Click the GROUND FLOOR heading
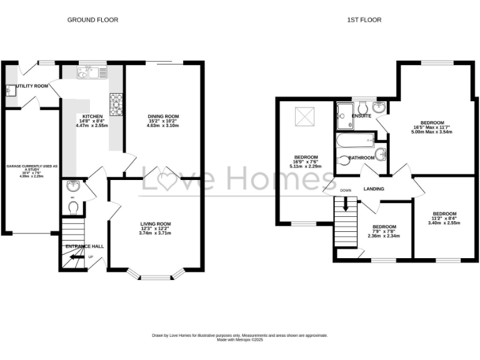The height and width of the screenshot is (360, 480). click(92, 20)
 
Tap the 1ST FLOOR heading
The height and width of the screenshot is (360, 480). click(364, 20)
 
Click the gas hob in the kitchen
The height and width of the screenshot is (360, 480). click(116, 104)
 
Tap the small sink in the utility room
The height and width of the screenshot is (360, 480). click(9, 91)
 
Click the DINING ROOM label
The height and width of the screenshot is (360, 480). click(163, 116)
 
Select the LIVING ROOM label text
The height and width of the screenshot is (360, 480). click(155, 224)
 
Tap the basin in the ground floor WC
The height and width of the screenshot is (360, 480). click(72, 186)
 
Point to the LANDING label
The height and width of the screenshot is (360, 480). click(374, 189)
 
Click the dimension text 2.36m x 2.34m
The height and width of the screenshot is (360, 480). click(384, 236)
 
